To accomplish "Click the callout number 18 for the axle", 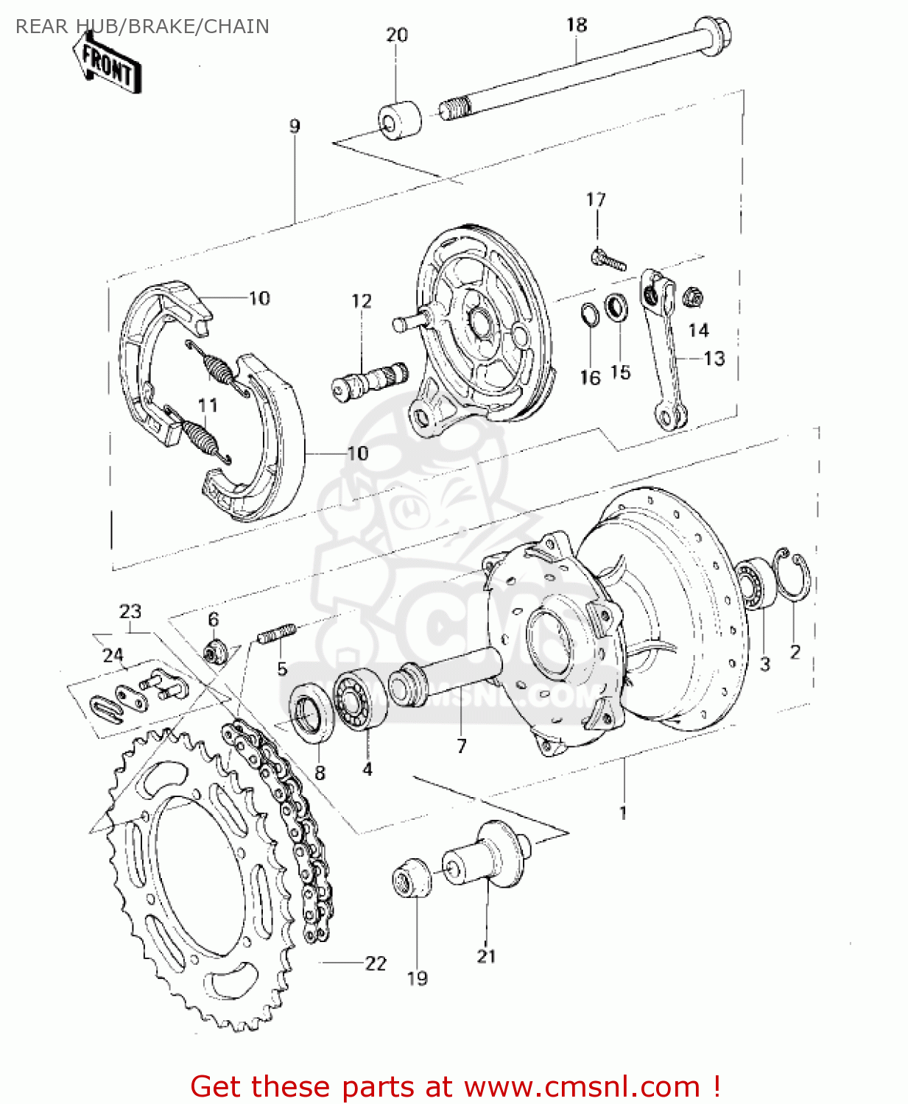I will click(x=576, y=26).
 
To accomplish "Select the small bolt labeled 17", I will click(x=608, y=259).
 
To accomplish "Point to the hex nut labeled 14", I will click(x=692, y=298).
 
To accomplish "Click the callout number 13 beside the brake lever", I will click(x=714, y=359).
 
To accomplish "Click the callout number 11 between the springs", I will click(x=207, y=406).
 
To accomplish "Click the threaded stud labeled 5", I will click(x=277, y=634).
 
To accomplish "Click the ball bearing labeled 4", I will click(x=359, y=700).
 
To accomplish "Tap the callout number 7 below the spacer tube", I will click(x=462, y=746).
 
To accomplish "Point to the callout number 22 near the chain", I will click(x=376, y=963).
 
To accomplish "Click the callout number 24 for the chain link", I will click(x=113, y=655).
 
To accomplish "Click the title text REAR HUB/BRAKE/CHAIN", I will click(x=142, y=26).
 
